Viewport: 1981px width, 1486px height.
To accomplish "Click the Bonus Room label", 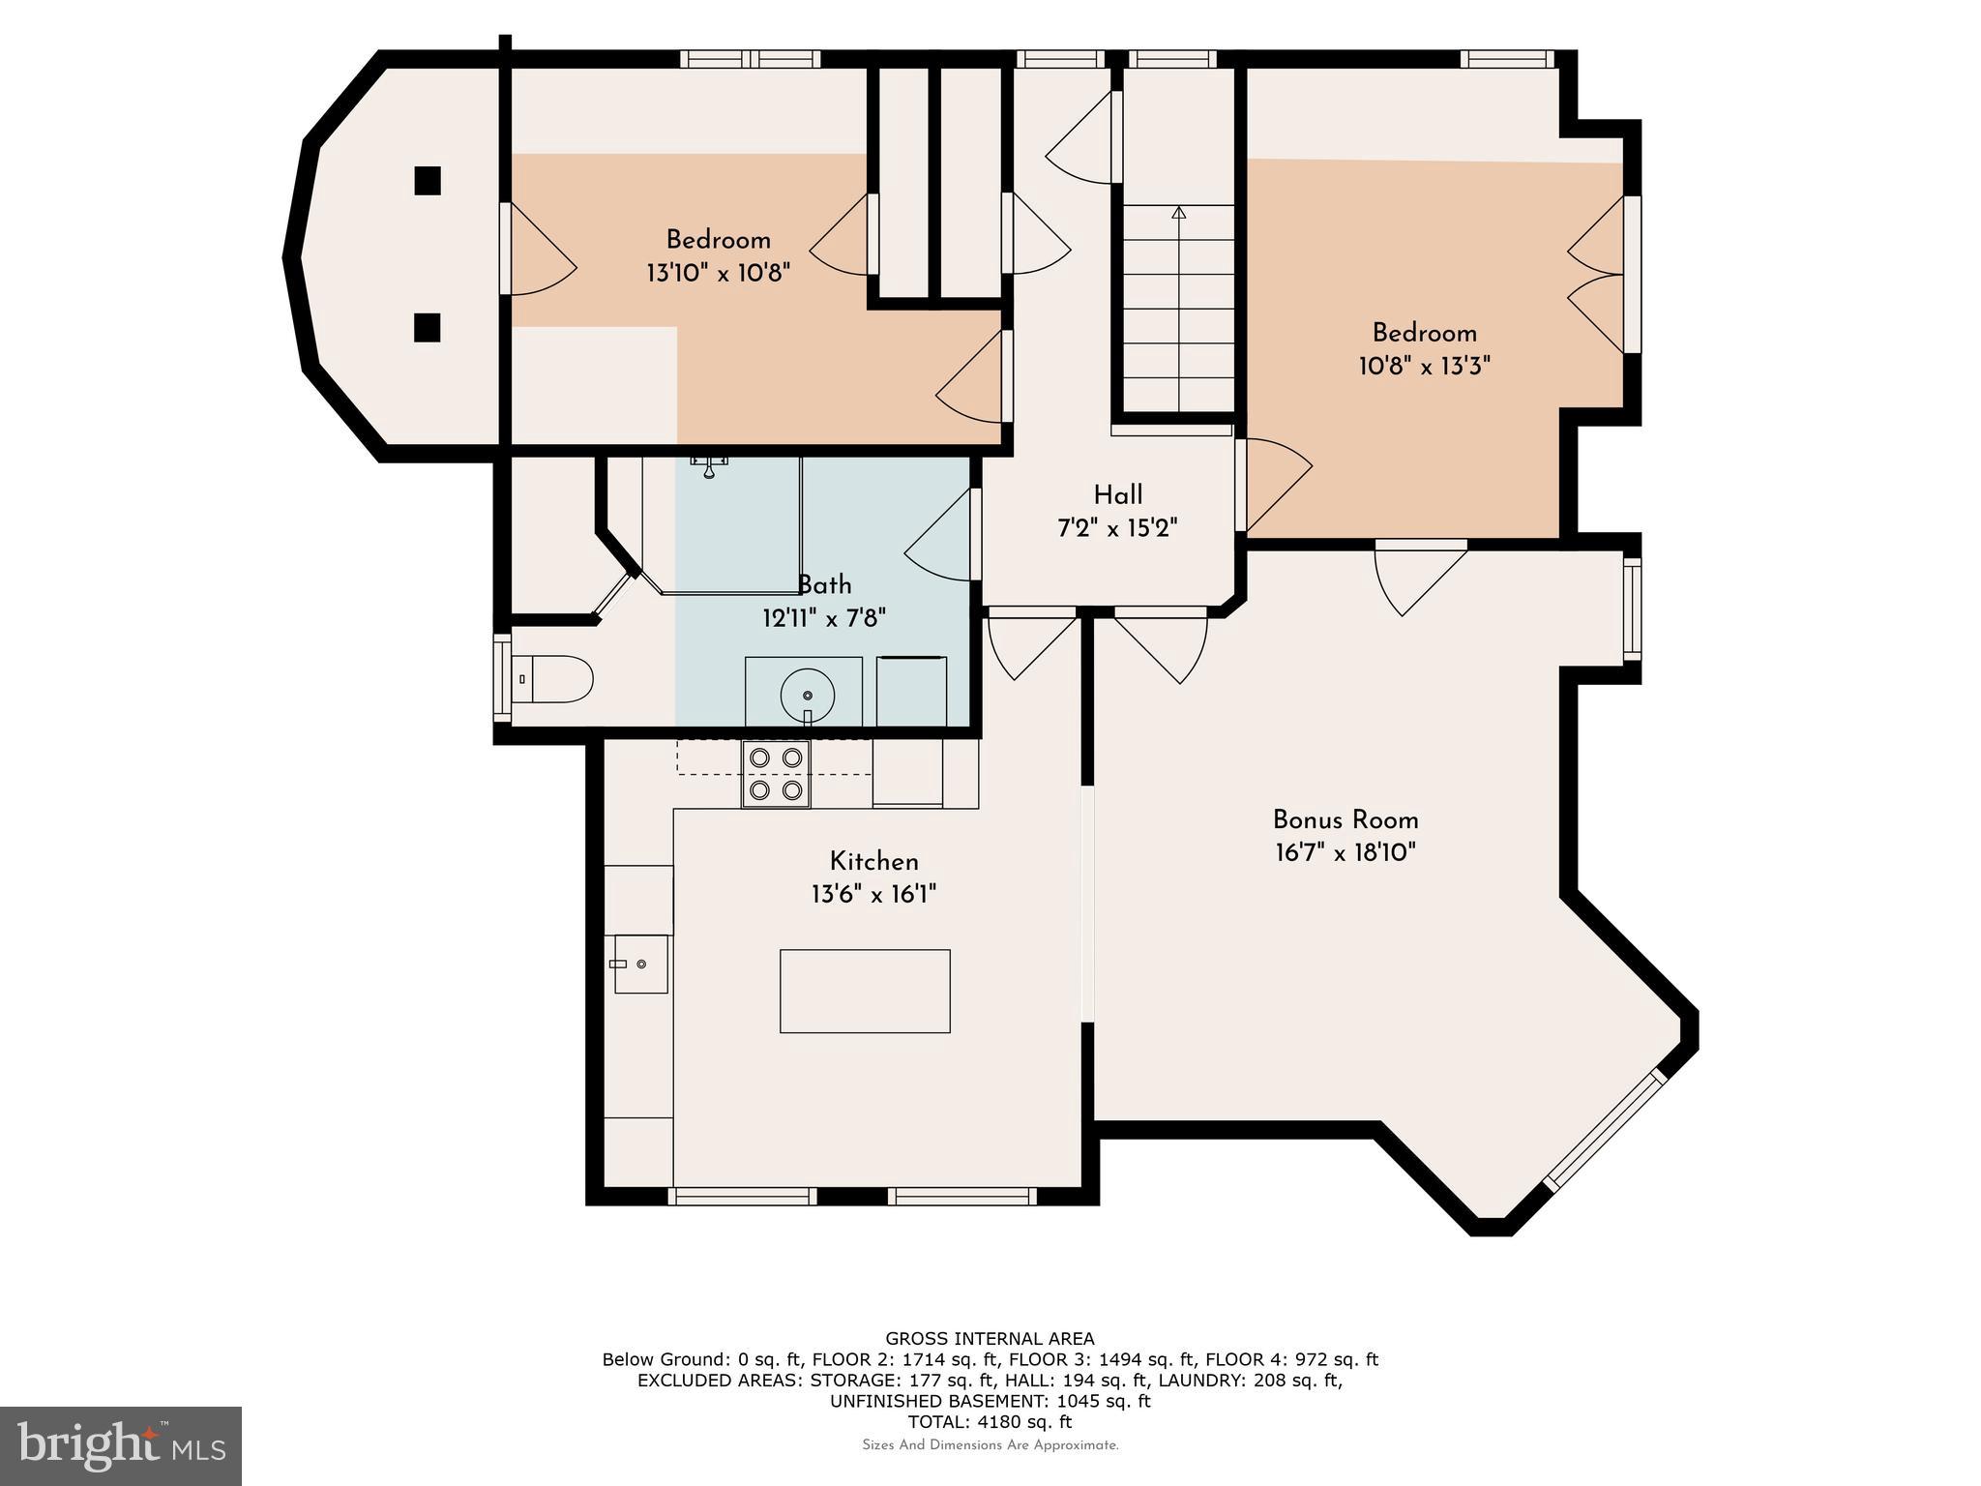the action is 1345,820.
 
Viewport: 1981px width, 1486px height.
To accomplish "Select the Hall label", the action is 1118,495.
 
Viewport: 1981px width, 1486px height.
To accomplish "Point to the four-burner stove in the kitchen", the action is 776,773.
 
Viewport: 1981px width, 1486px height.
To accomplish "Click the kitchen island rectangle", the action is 865,991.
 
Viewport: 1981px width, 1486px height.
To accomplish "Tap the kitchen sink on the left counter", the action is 640,964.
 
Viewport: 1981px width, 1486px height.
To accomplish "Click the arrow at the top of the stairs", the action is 1178,212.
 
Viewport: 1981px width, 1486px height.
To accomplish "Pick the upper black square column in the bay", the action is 428,181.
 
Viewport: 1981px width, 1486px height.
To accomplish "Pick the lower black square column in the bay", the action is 428,327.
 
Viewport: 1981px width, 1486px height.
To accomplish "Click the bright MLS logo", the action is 121,1446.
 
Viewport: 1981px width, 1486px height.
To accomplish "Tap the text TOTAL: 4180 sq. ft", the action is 990,1422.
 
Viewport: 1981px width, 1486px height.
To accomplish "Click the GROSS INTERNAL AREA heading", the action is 990,1339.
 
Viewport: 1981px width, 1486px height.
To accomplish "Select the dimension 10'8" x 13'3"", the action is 1424,366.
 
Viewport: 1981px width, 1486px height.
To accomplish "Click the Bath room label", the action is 824,585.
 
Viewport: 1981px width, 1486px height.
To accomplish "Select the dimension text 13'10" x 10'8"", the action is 718,273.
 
